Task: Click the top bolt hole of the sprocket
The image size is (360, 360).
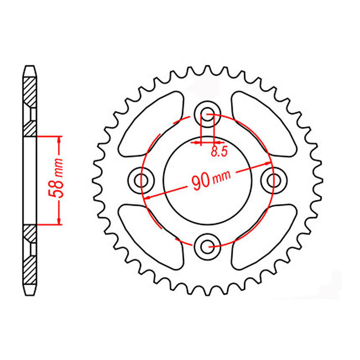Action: [207, 113]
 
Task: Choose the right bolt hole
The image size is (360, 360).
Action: [272, 180]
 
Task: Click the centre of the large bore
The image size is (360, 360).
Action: [207, 180]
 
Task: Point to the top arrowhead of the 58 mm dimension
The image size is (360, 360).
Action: [58, 139]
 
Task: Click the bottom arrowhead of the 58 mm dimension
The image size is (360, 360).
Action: [58, 221]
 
